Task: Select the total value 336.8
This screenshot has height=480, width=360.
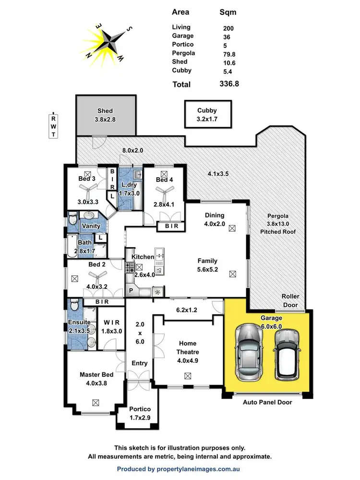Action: (228, 84)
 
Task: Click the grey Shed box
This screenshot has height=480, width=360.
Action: (105, 115)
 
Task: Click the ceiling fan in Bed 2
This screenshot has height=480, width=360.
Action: (97, 276)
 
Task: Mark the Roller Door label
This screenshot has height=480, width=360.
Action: (290, 300)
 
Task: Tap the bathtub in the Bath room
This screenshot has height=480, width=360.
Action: (72, 245)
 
